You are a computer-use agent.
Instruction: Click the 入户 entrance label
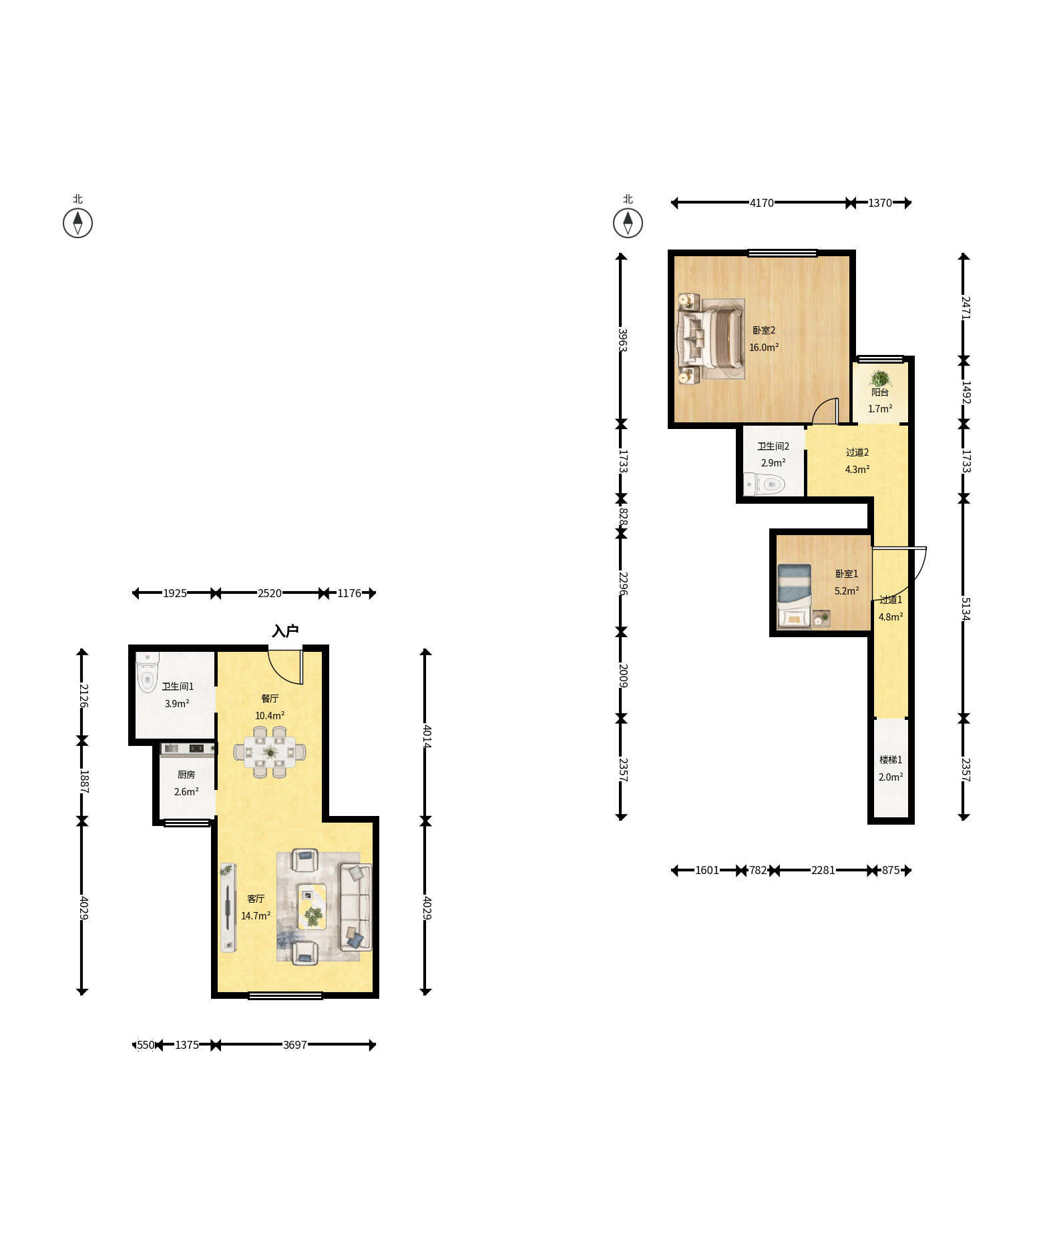285,631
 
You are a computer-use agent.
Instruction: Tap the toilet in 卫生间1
147,673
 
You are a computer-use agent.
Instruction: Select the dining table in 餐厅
270,752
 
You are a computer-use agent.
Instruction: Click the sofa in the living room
355,907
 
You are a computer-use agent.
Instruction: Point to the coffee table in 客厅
312,907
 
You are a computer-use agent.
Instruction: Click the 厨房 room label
186,775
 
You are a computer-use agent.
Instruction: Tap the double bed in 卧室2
711,339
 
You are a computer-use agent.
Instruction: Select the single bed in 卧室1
795,596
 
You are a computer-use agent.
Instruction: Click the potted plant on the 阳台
880,378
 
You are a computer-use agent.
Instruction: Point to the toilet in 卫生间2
765,484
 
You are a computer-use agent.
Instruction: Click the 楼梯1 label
891,760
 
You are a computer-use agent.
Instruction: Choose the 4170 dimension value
761,203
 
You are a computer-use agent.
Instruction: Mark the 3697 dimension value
294,1045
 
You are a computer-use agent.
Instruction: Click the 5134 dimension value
965,609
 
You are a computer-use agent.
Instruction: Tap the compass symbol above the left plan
77,223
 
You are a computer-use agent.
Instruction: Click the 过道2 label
857,452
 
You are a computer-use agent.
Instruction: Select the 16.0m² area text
764,347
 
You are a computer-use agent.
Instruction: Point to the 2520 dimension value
270,593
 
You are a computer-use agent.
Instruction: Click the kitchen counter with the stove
188,749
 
